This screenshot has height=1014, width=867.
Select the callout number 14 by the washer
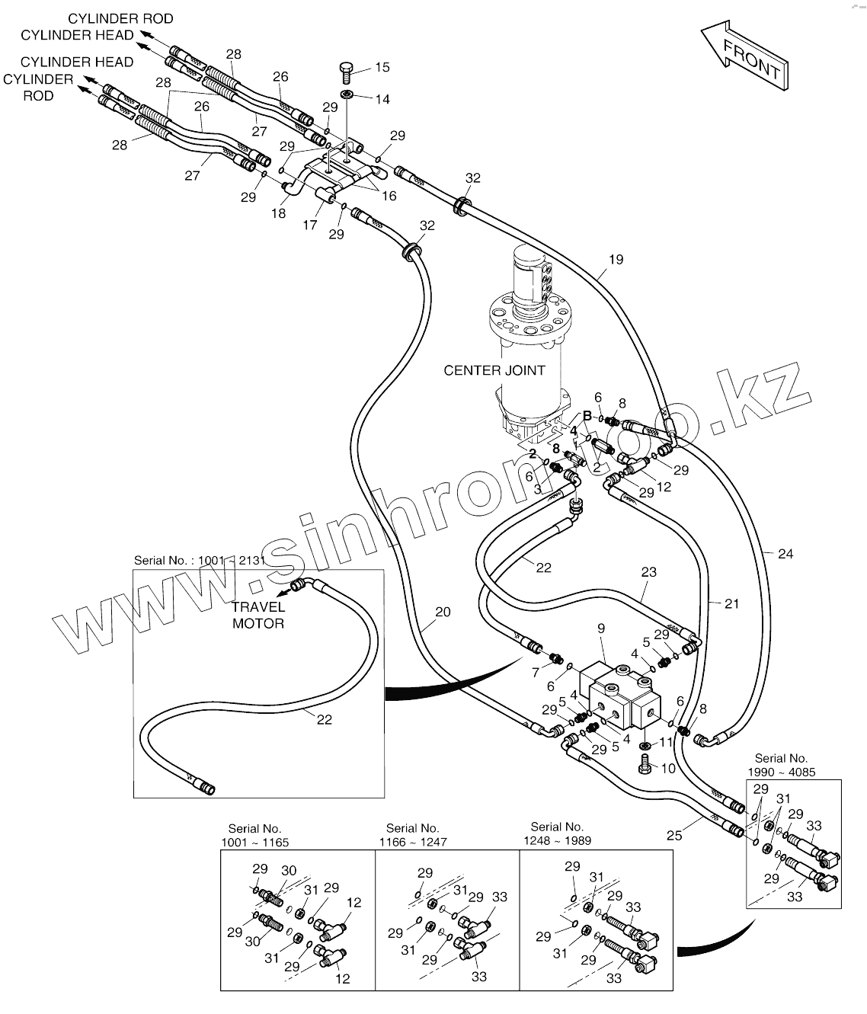[x=382, y=99]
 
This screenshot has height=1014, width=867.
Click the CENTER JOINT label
[x=494, y=370]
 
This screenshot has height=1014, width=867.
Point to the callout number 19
[x=616, y=259]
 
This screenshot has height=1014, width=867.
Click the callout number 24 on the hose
[x=785, y=554]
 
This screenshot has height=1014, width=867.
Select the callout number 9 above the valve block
[x=600, y=629]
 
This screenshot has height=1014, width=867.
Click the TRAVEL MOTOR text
[x=258, y=615]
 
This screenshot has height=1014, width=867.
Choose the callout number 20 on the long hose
[x=443, y=611]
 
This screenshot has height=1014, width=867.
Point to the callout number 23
[x=648, y=572]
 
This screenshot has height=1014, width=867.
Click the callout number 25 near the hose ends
[x=673, y=836]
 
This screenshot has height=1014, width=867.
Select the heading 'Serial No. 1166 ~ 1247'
[x=413, y=835]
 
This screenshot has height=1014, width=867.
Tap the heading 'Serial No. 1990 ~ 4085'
[x=781, y=765]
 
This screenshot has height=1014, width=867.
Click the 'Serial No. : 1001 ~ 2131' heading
[x=200, y=560]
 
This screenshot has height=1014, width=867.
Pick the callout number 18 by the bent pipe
[x=278, y=213]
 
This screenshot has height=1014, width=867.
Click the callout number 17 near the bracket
[x=309, y=225]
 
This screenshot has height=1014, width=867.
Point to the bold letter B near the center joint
[x=587, y=415]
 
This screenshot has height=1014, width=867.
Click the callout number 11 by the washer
[x=666, y=741]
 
